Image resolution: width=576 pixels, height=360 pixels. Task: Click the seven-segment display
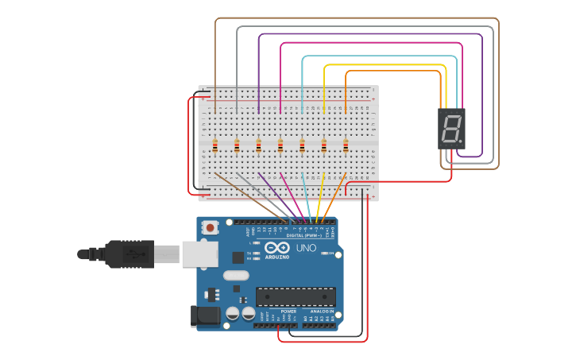451,129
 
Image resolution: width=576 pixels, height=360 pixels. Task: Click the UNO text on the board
307,248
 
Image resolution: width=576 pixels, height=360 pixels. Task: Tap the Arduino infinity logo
277,247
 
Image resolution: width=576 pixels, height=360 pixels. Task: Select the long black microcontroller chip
295,297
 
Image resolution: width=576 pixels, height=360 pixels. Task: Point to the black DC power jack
207,315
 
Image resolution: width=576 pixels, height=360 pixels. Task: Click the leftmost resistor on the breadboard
215,145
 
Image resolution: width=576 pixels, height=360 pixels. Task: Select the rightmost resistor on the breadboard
346,145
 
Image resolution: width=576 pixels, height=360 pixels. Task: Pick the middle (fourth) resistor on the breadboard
280,145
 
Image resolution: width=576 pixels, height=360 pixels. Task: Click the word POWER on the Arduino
277,311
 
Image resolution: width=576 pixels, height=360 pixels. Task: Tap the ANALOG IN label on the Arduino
322,311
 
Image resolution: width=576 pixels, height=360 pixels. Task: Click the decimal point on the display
460,143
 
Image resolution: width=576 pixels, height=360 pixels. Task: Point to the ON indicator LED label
331,254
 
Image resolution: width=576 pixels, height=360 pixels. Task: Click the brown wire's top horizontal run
358,18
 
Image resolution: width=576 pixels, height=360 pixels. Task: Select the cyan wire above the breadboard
380,57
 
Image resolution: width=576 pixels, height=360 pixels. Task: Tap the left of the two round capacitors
231,313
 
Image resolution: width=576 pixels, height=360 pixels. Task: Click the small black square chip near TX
238,257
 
